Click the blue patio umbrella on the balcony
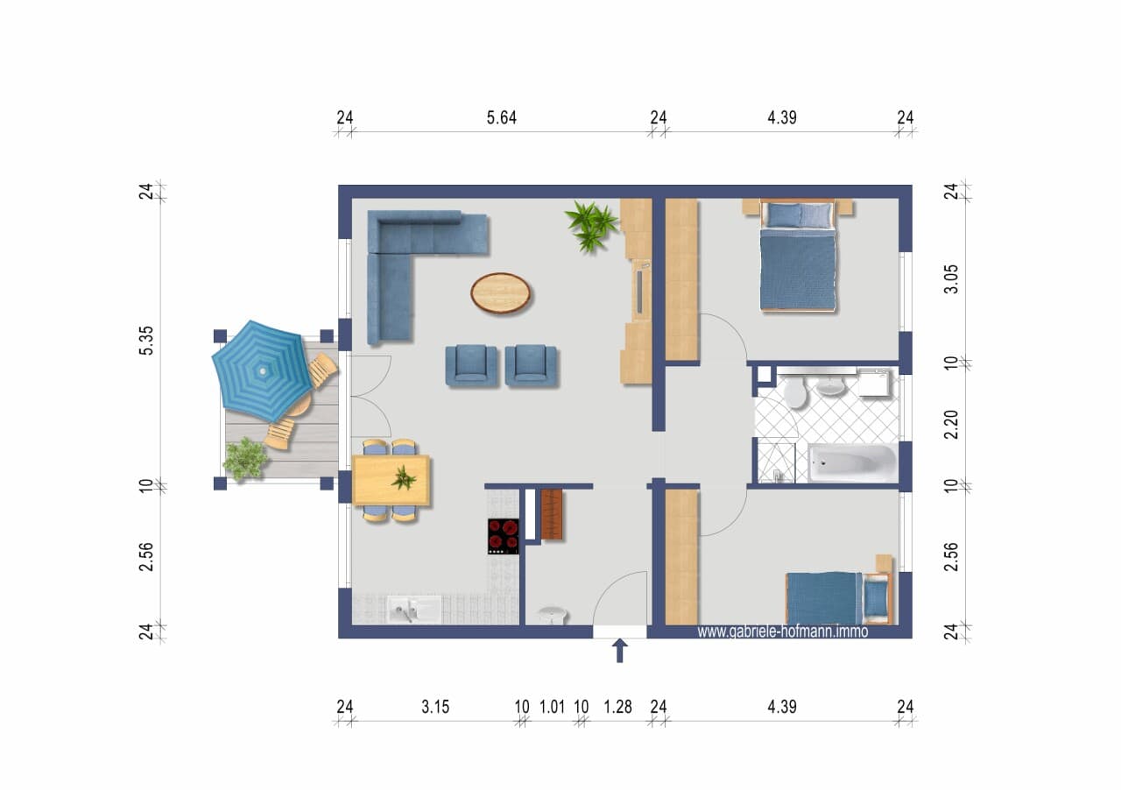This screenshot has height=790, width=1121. [x=259, y=370]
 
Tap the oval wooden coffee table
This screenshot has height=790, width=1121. [x=500, y=293]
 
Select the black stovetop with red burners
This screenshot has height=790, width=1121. [x=504, y=536]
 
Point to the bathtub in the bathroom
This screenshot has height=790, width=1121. [x=853, y=462]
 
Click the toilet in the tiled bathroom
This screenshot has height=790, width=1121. [x=794, y=391]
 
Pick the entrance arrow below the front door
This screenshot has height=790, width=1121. [x=619, y=651]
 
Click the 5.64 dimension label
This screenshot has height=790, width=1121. [x=502, y=117]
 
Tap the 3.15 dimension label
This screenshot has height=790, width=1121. [x=435, y=707]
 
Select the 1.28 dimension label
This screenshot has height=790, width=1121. [x=617, y=707]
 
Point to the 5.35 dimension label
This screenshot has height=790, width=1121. [x=146, y=341]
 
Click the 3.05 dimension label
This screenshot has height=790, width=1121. [x=951, y=279]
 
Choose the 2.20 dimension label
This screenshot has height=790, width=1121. [x=951, y=425]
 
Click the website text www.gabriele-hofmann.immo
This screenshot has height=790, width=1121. [x=783, y=631]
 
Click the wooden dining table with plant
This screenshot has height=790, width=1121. [x=391, y=480]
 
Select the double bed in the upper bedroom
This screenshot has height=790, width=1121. [x=798, y=257]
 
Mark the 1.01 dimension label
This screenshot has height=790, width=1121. [x=552, y=707]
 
